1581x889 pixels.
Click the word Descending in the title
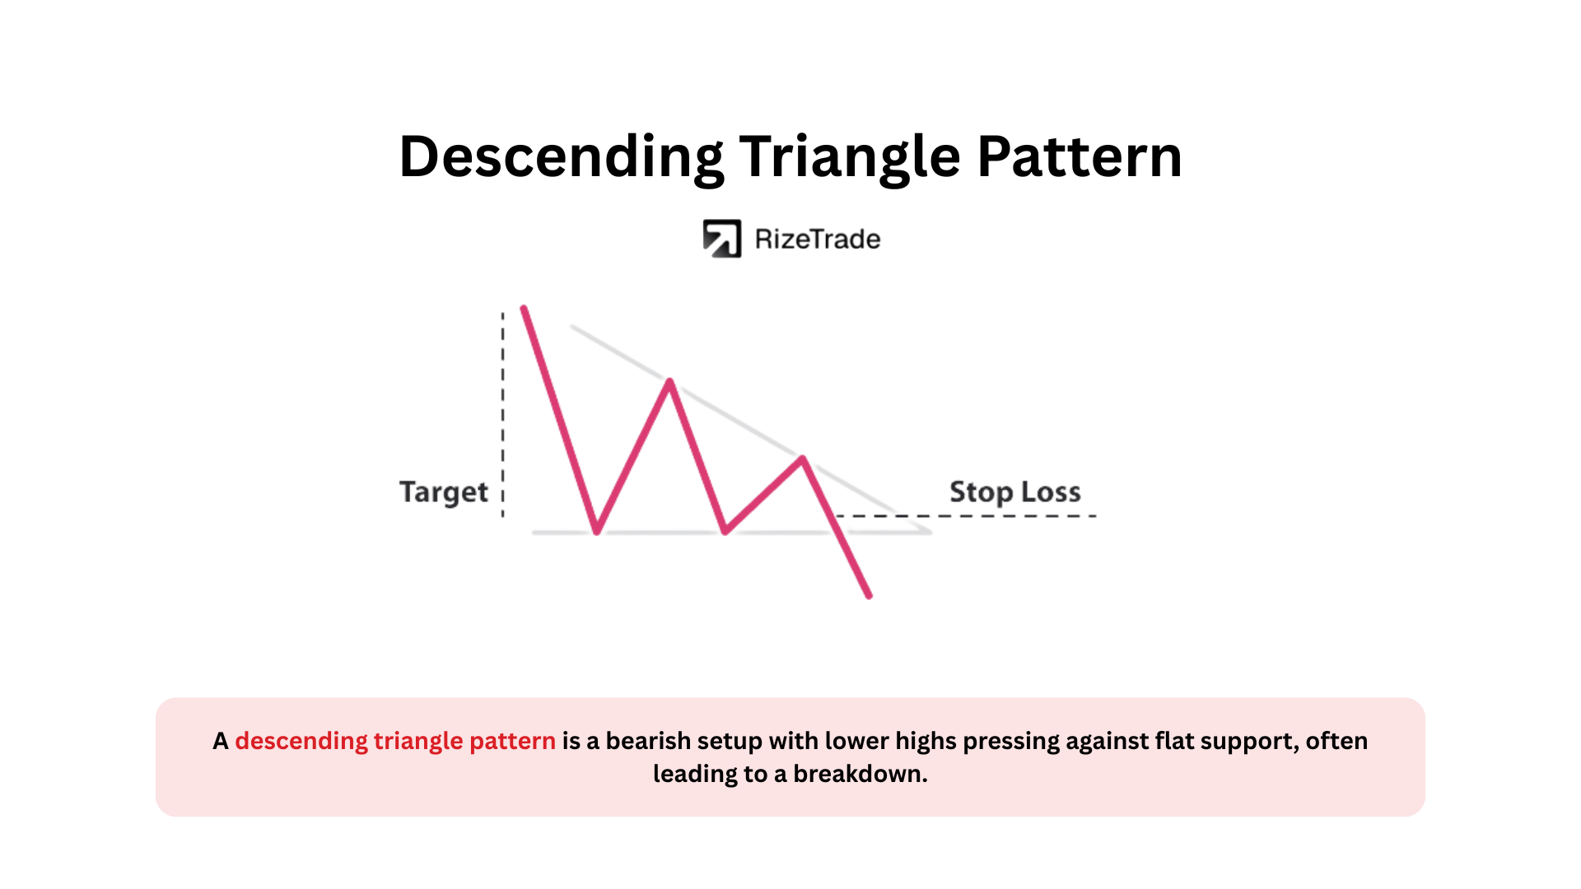[x=561, y=157]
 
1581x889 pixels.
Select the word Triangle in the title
[x=850, y=157]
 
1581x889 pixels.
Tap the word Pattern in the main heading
[x=1080, y=156]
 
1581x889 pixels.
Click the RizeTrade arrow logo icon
[x=722, y=239]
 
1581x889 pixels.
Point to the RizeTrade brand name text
[x=818, y=240]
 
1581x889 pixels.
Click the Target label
[x=444, y=492]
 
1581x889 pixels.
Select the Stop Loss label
[x=1015, y=491]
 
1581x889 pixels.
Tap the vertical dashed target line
[x=503, y=415]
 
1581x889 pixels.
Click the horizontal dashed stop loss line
[x=966, y=516]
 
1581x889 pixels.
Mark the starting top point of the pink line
[x=524, y=309]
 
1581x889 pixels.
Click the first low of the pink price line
[x=597, y=532]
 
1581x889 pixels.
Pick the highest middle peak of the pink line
[x=670, y=381]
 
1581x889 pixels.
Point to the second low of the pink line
[x=725, y=532]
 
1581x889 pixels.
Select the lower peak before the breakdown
[x=803, y=458]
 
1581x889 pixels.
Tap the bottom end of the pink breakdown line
[x=869, y=595]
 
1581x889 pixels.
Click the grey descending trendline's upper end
[x=572, y=327]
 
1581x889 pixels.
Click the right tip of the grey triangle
[x=930, y=532]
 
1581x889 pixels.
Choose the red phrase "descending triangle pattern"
[x=395, y=741]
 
